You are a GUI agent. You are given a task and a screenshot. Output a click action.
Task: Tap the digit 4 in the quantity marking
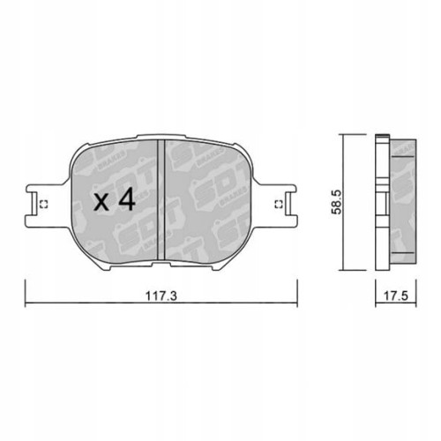[126, 201]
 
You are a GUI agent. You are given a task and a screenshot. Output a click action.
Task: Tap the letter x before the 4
[101, 204]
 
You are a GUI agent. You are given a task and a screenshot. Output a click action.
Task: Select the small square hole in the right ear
[279, 206]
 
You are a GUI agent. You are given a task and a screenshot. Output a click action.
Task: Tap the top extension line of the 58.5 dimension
[353, 134]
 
